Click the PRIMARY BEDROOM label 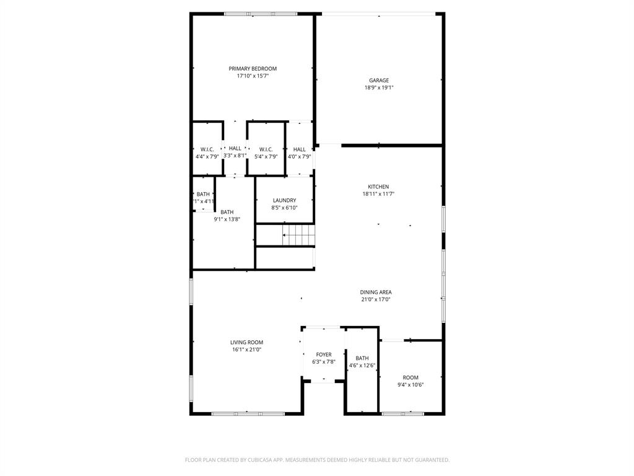tap(253, 69)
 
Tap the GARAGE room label tap(379, 81)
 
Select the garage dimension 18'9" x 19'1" tap(379, 88)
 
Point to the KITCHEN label tap(378, 187)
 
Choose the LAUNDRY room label tap(284, 200)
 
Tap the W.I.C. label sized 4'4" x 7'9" tap(207, 149)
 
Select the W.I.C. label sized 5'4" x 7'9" tap(266, 149)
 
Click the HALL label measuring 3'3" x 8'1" tap(235, 149)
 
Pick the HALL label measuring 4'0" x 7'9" tap(300, 149)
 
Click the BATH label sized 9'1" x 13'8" tap(227, 212)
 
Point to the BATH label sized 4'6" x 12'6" tap(362, 358)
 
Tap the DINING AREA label tap(376, 293)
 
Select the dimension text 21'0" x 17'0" tap(376, 300)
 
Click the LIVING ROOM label tap(246, 342)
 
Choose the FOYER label tap(324, 355)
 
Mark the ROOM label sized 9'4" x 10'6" tap(410, 377)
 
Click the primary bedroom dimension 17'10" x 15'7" tap(253, 76)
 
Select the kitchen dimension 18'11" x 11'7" tap(378, 194)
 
